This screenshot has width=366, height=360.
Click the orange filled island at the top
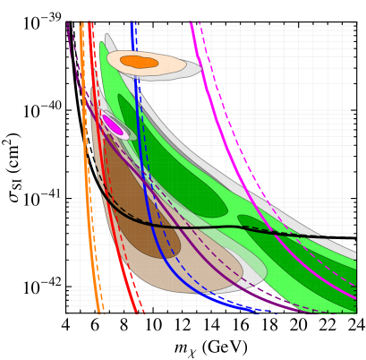[139, 62]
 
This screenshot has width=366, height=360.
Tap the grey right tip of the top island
[193, 70]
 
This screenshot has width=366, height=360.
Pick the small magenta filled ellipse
[113, 125]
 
